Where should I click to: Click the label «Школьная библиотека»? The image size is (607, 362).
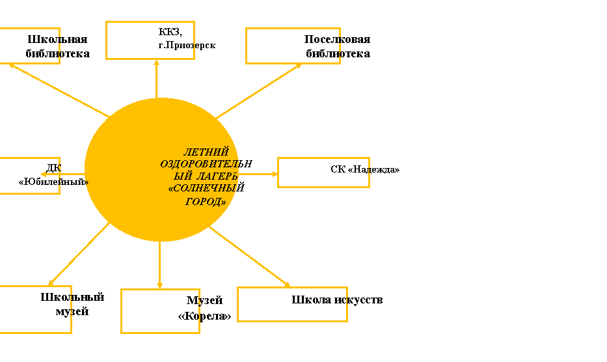tap(58, 46)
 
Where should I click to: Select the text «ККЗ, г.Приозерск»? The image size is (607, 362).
tap(187, 38)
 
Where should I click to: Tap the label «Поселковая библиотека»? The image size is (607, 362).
tap(337, 46)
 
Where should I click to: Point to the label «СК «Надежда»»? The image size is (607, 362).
tap(365, 169)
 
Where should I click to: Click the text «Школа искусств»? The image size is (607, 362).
tap(337, 299)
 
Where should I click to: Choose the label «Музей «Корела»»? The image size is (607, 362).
tap(204, 308)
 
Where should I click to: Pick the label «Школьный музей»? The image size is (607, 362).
tap(72, 304)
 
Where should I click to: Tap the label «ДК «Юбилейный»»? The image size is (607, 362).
tap(53, 174)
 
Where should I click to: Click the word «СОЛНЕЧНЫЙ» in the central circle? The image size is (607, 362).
tap(206, 188)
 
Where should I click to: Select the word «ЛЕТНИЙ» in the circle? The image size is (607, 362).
tap(206, 152)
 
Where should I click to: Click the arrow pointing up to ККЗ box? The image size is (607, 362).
tap(156, 79)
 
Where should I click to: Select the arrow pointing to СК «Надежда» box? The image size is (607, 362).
tap(258, 174)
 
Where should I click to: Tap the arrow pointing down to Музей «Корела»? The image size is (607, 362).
tap(159, 265)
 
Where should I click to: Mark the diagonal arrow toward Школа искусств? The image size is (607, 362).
tap(250, 257)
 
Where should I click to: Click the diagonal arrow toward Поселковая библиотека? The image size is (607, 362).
tap(258, 91)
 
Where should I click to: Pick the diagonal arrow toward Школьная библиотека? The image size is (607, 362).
tap(59, 90)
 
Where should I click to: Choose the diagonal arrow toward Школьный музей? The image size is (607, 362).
tap(79, 255)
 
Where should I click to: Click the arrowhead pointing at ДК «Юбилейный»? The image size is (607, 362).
tap(44, 174)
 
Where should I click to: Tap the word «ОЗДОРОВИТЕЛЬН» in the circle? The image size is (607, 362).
tap(206, 164)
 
